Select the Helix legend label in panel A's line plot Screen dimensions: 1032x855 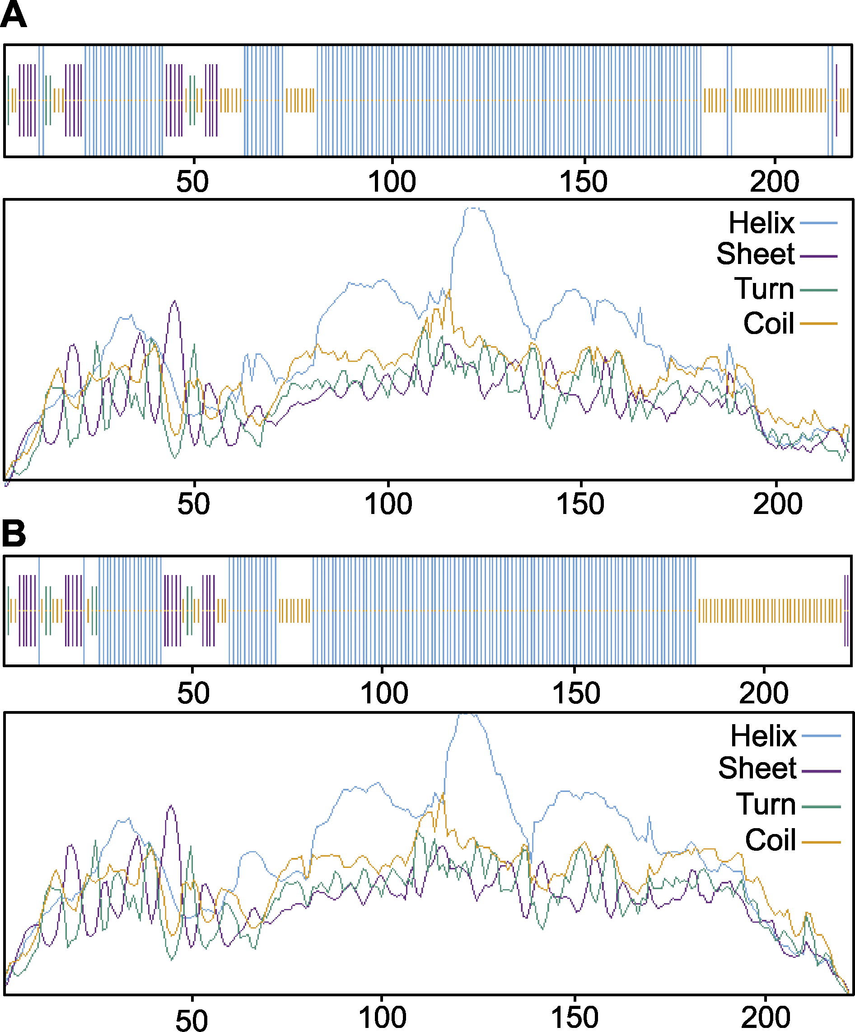(x=761, y=223)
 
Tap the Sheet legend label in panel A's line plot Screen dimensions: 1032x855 (x=755, y=254)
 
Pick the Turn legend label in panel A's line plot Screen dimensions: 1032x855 (x=764, y=288)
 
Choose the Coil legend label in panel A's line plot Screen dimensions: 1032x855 (x=769, y=323)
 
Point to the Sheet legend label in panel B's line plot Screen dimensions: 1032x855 (x=757, y=768)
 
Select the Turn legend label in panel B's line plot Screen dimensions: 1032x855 (x=766, y=805)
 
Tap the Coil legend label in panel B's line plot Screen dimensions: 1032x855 (x=770, y=840)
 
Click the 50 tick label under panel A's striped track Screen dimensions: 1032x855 (x=192, y=182)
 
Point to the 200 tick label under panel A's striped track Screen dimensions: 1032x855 (x=775, y=182)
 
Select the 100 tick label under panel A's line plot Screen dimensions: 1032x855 (x=388, y=504)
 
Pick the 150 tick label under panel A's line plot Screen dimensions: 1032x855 (x=580, y=504)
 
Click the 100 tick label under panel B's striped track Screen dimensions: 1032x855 (x=384, y=693)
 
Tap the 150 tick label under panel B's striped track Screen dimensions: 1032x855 (x=576, y=693)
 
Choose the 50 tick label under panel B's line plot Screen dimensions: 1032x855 (x=192, y=1020)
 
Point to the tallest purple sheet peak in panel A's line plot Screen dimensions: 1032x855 (x=175, y=301)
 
